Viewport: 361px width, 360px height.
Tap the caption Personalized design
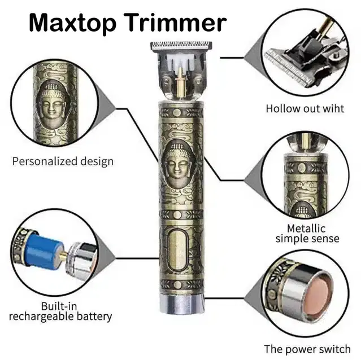63,161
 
